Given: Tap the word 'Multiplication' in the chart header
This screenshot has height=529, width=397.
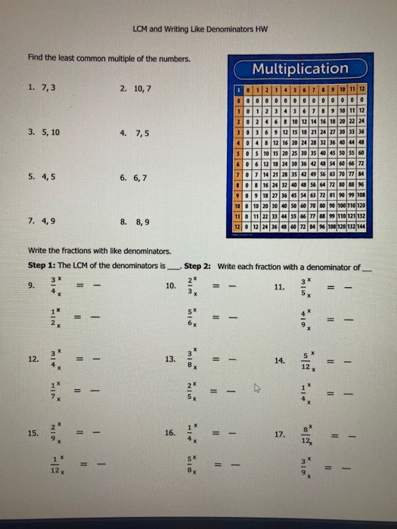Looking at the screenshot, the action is (300, 70).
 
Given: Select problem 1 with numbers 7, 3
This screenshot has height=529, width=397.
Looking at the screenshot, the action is (42, 87).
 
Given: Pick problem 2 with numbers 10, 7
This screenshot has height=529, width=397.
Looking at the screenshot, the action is (137, 87).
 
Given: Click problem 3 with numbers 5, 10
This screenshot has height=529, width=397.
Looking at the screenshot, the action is (44, 131).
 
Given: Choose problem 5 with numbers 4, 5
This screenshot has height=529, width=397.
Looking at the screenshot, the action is (42, 178).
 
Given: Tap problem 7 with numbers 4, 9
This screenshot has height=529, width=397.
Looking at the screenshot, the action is (42, 222).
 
